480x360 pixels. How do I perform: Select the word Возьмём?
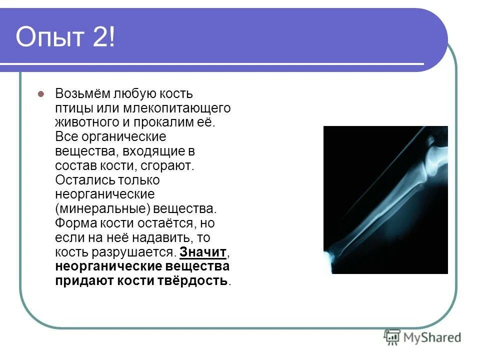coord(82,94)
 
